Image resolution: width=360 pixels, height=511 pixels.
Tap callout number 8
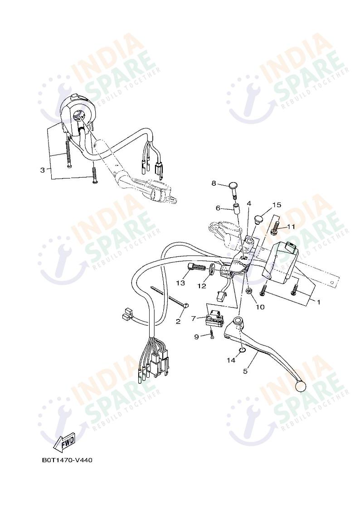(x=214, y=183)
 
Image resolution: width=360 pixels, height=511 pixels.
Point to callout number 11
(x=291, y=226)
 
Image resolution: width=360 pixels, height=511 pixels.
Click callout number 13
(x=180, y=283)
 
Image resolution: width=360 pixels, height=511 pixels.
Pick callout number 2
(x=178, y=322)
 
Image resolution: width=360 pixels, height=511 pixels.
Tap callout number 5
(x=245, y=371)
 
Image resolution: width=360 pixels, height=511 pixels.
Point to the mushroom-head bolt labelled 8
(x=234, y=187)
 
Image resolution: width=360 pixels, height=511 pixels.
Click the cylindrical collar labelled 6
(x=236, y=210)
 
